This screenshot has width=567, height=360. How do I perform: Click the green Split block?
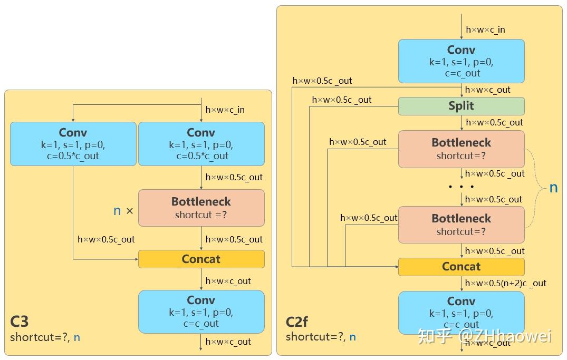[x=461, y=106]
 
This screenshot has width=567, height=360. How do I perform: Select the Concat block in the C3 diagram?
[x=201, y=259]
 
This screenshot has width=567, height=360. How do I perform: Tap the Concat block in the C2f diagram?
[x=461, y=267]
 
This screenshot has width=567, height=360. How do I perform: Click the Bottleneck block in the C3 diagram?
[x=201, y=208]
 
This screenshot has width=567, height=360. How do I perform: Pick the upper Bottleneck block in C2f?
[x=461, y=149]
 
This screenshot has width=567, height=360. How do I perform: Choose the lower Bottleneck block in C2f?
[x=461, y=225]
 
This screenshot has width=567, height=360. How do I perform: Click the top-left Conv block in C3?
[x=73, y=144]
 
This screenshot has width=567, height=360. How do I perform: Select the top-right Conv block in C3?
[x=201, y=144]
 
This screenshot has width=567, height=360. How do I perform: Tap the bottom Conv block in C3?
[x=201, y=312]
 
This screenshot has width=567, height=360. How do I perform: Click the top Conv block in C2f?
[x=461, y=61]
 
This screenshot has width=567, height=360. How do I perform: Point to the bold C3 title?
[x=20, y=322]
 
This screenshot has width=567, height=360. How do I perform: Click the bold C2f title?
[x=297, y=322]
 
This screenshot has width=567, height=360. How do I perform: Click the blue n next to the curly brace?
[x=553, y=188]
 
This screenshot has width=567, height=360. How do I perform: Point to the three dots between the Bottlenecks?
[x=461, y=187]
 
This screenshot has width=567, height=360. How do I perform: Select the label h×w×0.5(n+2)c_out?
[x=505, y=283]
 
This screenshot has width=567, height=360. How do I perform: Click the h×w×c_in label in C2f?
[x=485, y=30]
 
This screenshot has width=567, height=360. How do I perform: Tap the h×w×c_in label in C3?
[x=225, y=110]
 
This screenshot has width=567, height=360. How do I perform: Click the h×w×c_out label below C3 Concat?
[x=228, y=281]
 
